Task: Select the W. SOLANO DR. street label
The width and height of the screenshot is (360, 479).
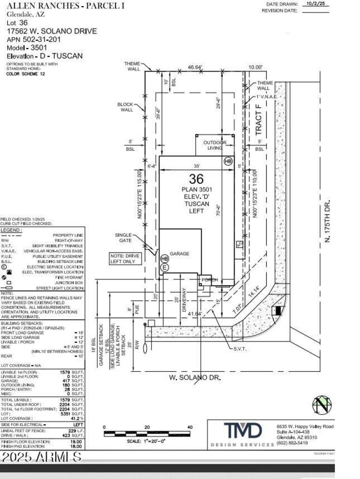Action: pos(195,378)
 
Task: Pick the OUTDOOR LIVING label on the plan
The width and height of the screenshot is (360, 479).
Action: pos(215,145)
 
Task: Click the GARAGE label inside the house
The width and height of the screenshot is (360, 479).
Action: pos(180,254)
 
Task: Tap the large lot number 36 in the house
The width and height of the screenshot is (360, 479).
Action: pos(197,179)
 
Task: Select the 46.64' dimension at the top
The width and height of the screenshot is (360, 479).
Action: pos(195,67)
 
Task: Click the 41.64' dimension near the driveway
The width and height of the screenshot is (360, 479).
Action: pos(195,313)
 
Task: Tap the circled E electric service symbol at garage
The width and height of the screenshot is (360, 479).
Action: pos(165,267)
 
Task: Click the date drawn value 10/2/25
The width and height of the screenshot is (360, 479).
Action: pos(315,4)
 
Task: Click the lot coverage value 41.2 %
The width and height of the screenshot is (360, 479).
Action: pos(76,418)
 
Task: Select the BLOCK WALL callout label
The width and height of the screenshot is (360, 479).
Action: pos(126,107)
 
